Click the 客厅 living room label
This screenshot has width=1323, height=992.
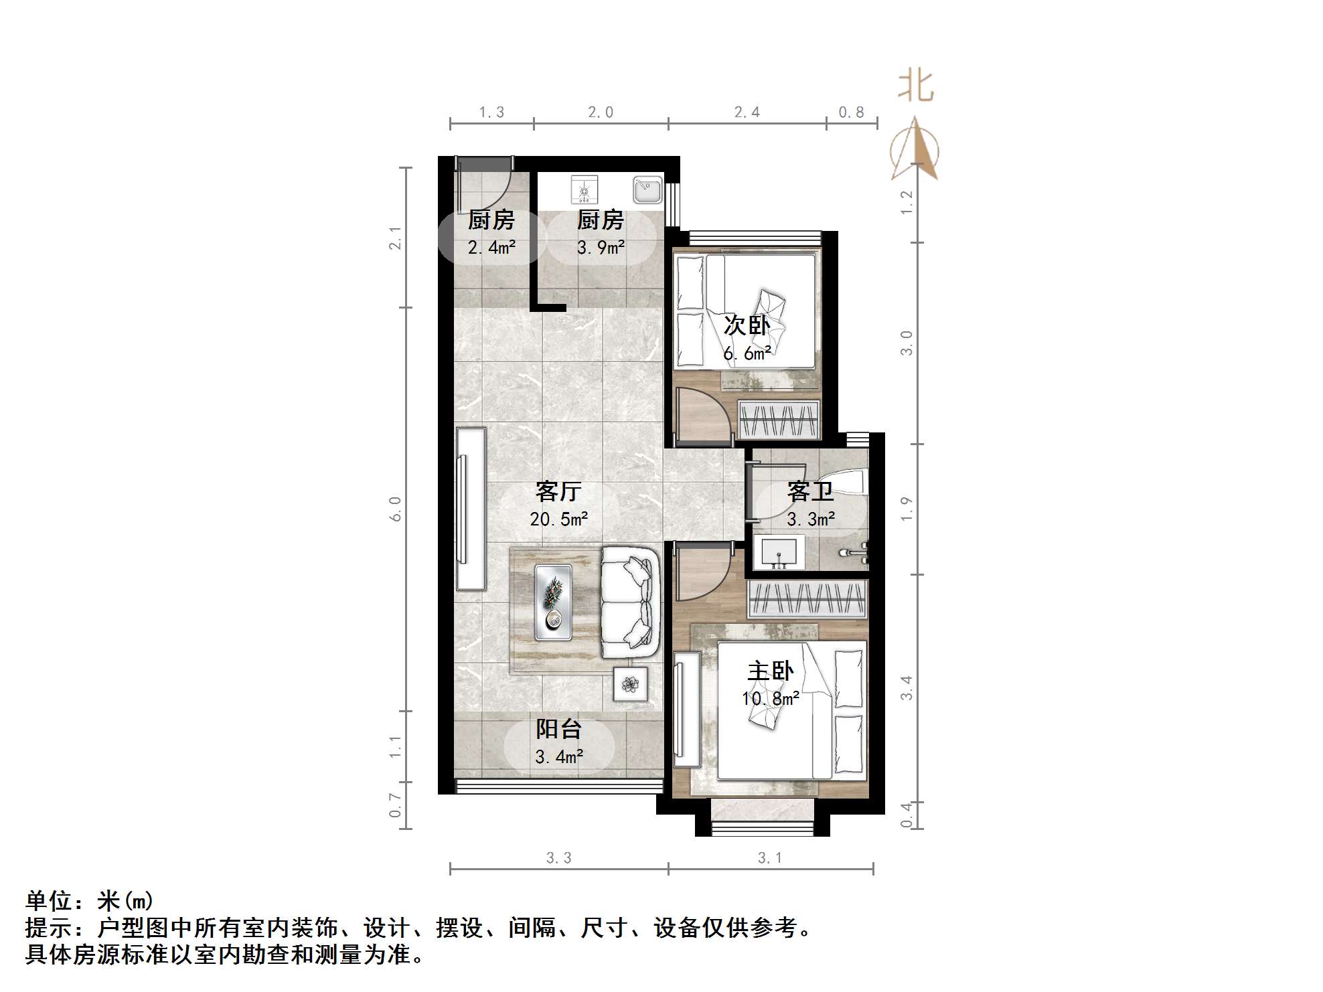(558, 491)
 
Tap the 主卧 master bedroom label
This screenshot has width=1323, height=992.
(770, 671)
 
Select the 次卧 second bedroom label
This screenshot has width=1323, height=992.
(747, 325)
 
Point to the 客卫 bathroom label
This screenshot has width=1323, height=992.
(810, 492)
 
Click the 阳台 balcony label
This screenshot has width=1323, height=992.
(558, 729)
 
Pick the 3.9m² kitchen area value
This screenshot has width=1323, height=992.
(601, 248)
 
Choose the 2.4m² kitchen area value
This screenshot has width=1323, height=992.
(491, 248)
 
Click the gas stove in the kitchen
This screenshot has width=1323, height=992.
(585, 189)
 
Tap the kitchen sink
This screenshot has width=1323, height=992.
(647, 190)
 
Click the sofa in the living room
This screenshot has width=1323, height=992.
(628, 602)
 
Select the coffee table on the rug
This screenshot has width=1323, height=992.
(553, 602)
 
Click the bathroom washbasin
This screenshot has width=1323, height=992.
(779, 553)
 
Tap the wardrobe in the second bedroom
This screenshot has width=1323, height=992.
(779, 420)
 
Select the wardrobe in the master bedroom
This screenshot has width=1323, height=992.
(807, 598)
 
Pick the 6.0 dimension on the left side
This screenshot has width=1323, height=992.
(396, 509)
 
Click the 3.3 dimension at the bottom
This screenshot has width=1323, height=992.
(558, 857)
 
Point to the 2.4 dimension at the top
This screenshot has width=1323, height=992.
(747, 112)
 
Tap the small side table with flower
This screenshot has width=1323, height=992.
(630, 684)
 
